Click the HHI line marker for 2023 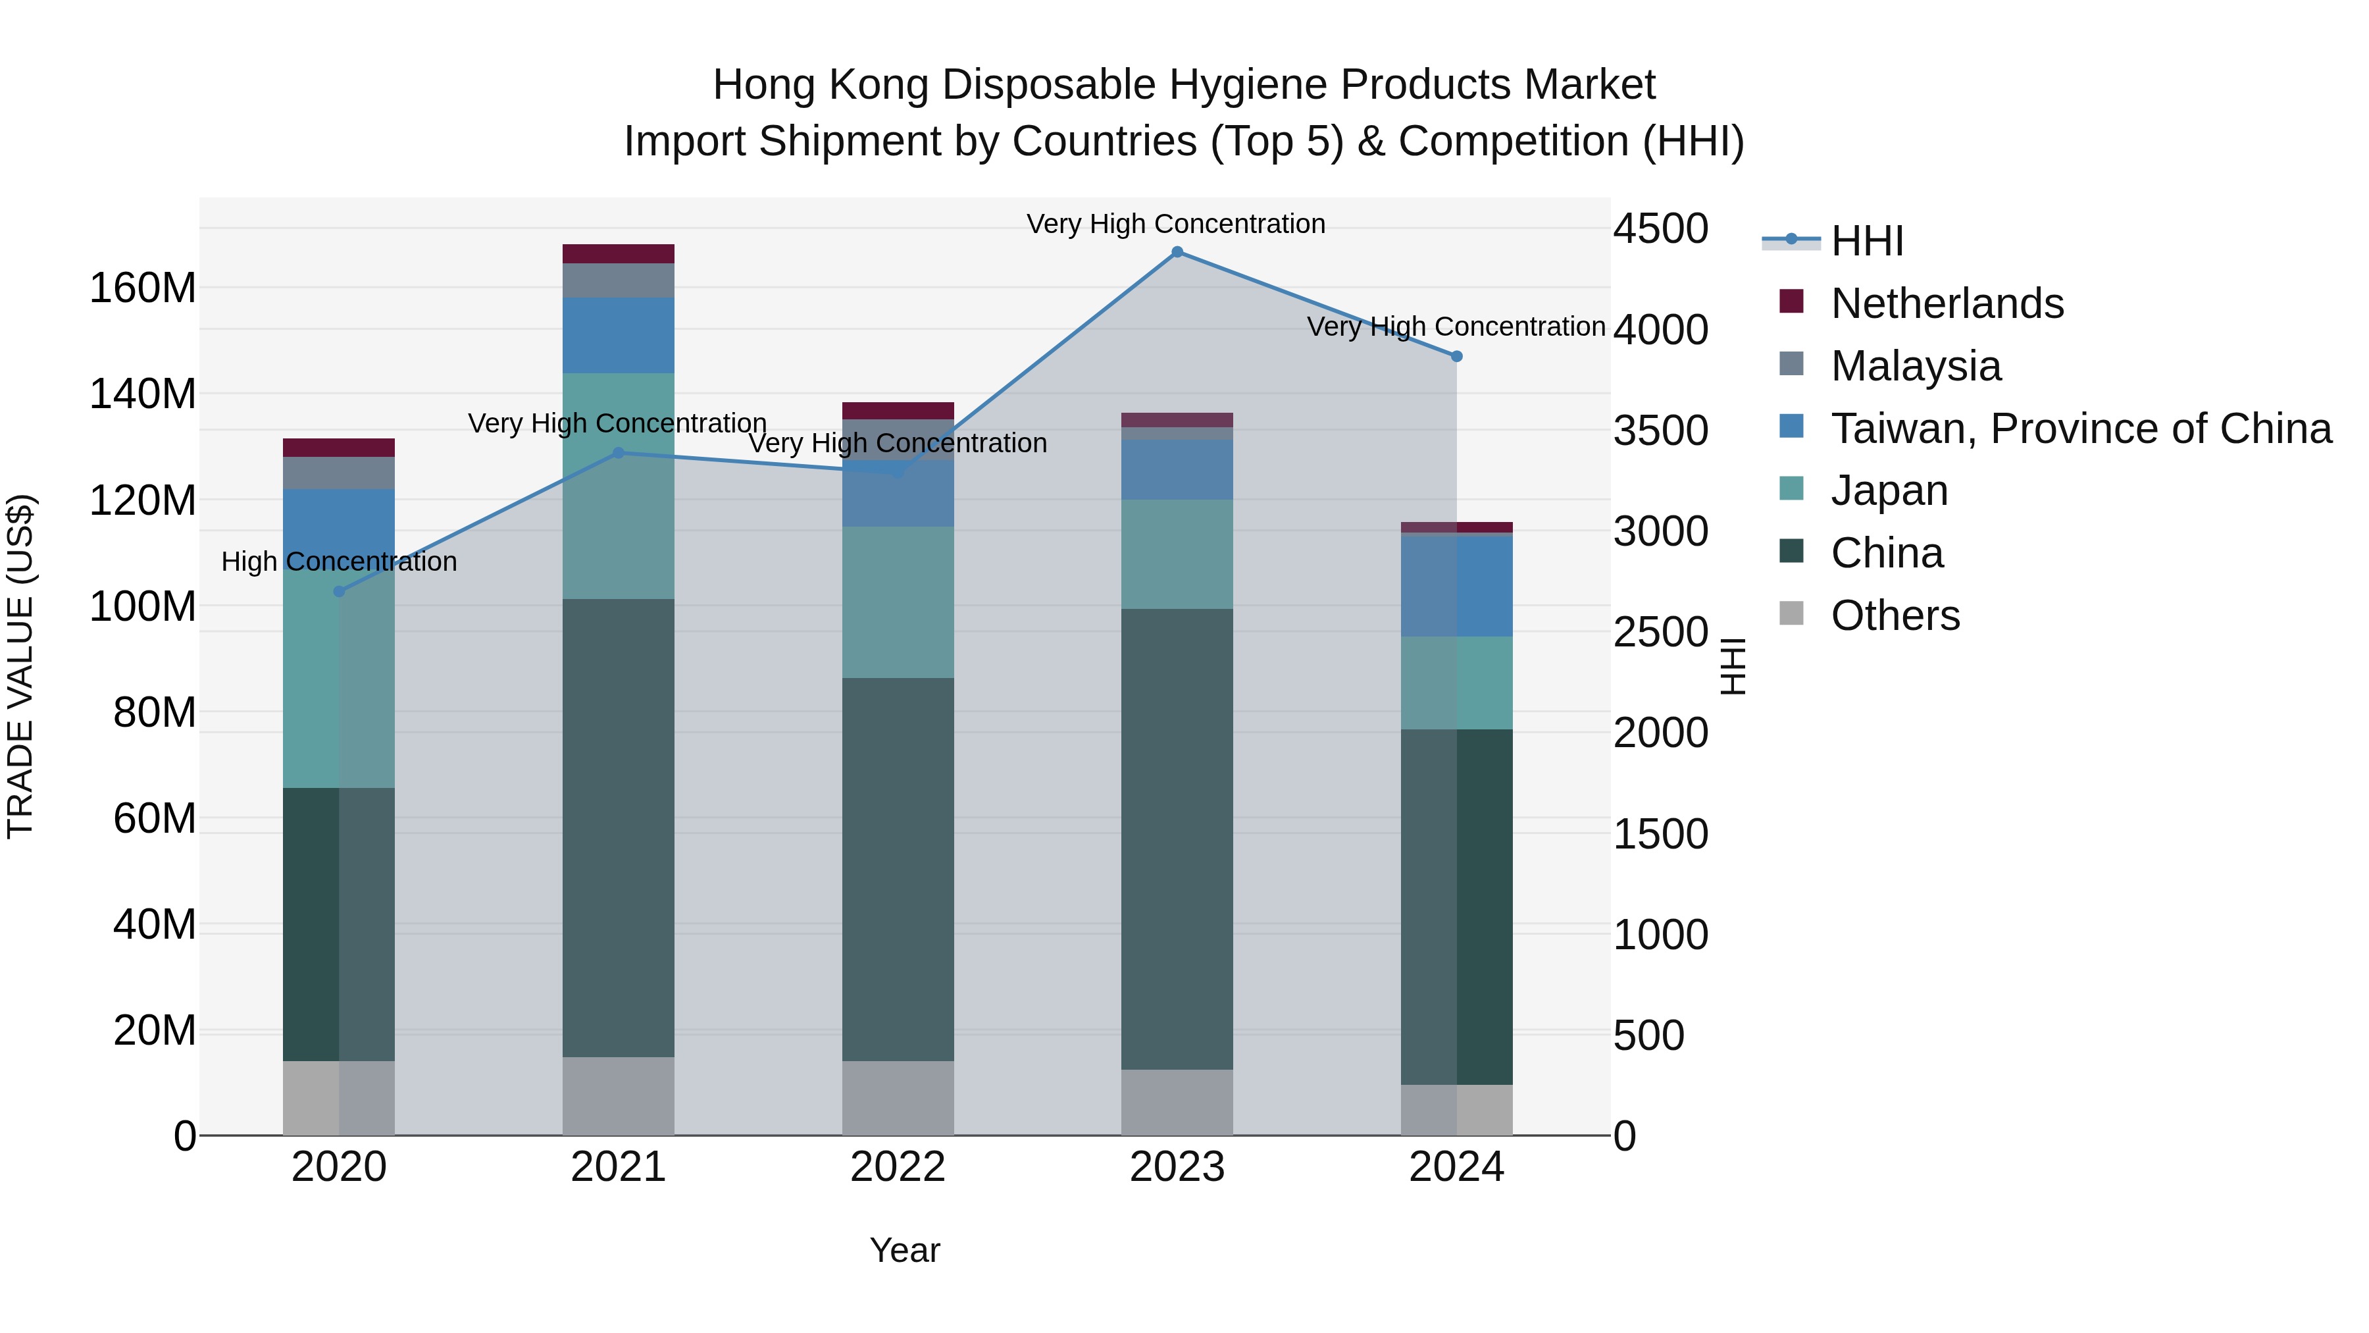click(1177, 252)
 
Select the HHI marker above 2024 click(1457, 356)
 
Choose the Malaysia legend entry click(1915, 366)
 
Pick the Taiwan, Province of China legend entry click(2080, 429)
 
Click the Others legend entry click(1895, 615)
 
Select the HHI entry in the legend click(1866, 241)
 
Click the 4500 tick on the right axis click(1661, 228)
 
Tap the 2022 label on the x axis click(898, 1167)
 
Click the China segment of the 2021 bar click(618, 828)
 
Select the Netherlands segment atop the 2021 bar click(618, 254)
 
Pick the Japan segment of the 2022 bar click(898, 602)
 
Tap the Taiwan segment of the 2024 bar click(1457, 586)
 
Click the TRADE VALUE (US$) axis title click(20, 666)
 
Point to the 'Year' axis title click(905, 1250)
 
